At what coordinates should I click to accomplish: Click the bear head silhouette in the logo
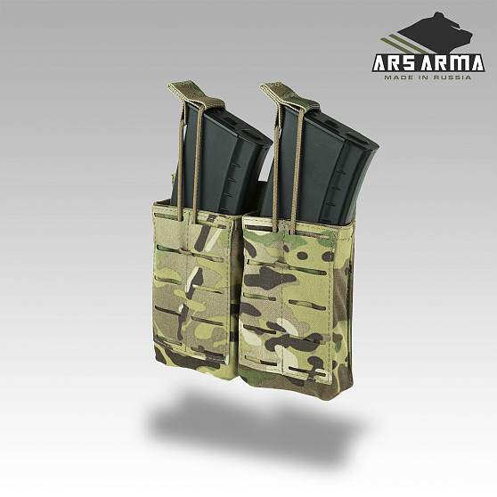click(437, 33)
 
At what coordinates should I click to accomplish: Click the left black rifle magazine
click(222, 159)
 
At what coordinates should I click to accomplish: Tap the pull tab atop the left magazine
click(196, 94)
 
